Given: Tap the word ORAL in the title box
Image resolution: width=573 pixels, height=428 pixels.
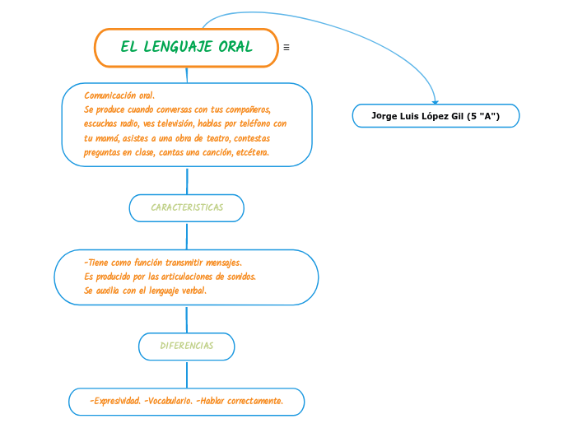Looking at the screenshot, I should [x=235, y=47].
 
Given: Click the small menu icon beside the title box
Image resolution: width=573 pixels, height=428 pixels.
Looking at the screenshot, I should [x=286, y=47].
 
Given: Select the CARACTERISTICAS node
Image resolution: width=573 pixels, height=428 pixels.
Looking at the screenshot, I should [x=187, y=208].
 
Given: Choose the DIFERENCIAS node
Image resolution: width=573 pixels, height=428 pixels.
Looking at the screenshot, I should [x=186, y=347].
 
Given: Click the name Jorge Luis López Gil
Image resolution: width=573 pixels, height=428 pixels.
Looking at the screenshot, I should [x=417, y=116].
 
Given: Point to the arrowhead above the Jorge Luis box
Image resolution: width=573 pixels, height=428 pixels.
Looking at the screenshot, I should [x=436, y=100].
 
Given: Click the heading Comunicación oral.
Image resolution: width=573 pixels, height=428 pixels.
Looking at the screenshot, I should [x=119, y=95].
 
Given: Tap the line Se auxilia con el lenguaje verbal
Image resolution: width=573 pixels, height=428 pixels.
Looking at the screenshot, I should [x=146, y=291].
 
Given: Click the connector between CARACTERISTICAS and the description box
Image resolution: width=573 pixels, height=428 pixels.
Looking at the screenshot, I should [x=188, y=180].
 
